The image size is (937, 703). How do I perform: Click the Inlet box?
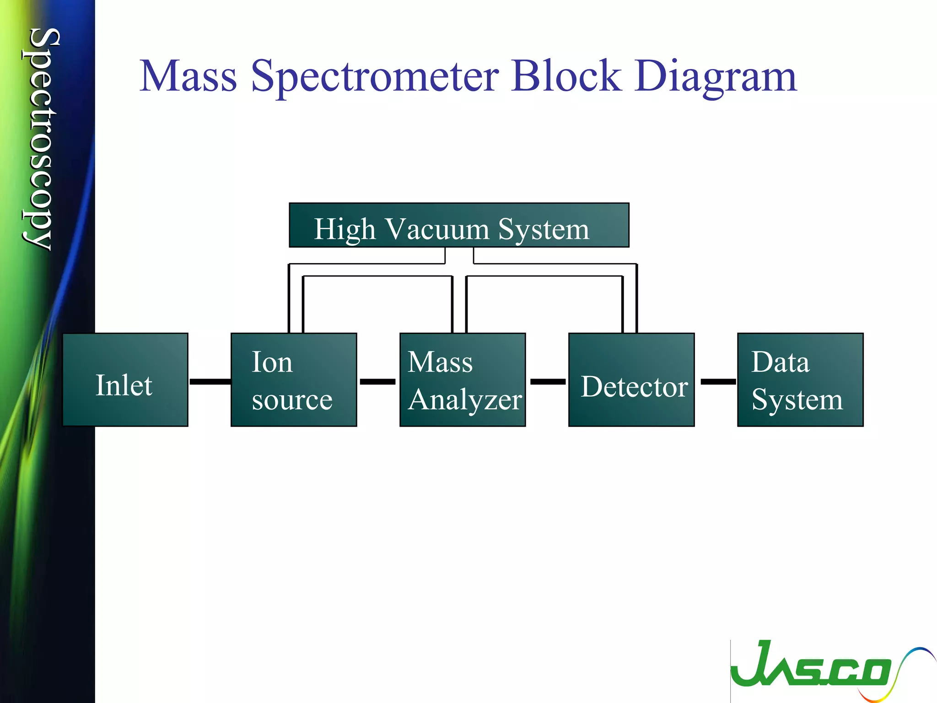pyautogui.click(x=125, y=380)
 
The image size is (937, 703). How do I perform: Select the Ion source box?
pyautogui.click(x=293, y=380)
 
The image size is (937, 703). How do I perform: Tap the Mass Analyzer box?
pyautogui.click(x=462, y=380)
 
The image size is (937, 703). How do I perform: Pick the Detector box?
pyautogui.click(x=631, y=380)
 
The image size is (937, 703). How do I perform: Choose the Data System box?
pyautogui.click(x=800, y=380)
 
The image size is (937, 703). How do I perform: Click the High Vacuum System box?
pyautogui.click(x=458, y=225)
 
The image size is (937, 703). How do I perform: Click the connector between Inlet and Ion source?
pyautogui.click(x=210, y=381)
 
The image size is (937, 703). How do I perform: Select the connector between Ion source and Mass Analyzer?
pyautogui.click(x=377, y=381)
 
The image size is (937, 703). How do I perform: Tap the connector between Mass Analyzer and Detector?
pyautogui.click(x=548, y=381)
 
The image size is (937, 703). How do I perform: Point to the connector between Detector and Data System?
pyautogui.click(x=718, y=381)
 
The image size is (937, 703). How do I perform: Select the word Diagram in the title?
pyautogui.click(x=716, y=76)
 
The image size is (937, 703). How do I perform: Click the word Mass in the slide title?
pyautogui.click(x=188, y=76)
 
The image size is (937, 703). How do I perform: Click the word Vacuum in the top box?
pyautogui.click(x=436, y=229)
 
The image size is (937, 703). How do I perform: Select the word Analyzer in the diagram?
pyautogui.click(x=465, y=400)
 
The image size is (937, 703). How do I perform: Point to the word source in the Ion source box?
pyautogui.click(x=292, y=400)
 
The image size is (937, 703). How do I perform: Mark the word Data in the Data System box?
pyautogui.click(x=780, y=362)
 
